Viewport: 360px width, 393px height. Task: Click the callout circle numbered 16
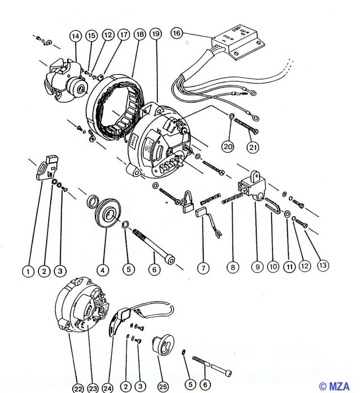tap(177, 33)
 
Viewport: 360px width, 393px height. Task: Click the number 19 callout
tap(156, 34)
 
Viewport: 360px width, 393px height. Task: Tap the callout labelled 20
tap(227, 146)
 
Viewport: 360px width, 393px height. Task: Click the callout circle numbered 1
tap(29, 271)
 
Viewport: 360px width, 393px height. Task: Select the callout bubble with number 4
tap(102, 270)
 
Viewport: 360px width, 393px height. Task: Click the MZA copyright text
tap(336, 386)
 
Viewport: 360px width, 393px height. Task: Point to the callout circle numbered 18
tap(140, 34)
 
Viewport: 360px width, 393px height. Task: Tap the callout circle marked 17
tap(123, 35)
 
